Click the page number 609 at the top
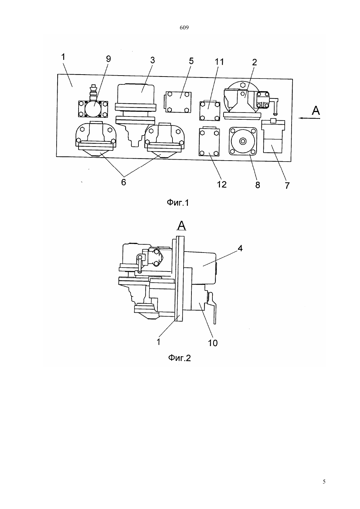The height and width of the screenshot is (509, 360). (184, 28)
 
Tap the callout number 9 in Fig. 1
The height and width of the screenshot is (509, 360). (108, 59)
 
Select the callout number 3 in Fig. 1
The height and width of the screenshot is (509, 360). (153, 60)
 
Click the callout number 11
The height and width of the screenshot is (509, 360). (219, 61)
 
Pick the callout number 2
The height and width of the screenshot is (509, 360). (254, 62)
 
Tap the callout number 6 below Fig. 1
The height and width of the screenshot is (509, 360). (123, 182)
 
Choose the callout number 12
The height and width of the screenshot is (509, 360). (222, 184)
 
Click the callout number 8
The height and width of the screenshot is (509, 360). (258, 185)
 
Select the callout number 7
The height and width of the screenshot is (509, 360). (287, 185)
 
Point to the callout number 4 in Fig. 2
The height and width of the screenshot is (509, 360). (240, 248)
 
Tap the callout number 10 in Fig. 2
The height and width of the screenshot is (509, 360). (213, 343)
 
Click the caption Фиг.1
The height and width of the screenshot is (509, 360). (178, 202)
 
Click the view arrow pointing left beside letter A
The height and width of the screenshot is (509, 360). (310, 118)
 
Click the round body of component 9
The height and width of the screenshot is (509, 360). (93, 109)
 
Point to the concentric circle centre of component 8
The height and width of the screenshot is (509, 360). (243, 141)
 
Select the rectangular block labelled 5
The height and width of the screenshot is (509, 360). (178, 102)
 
